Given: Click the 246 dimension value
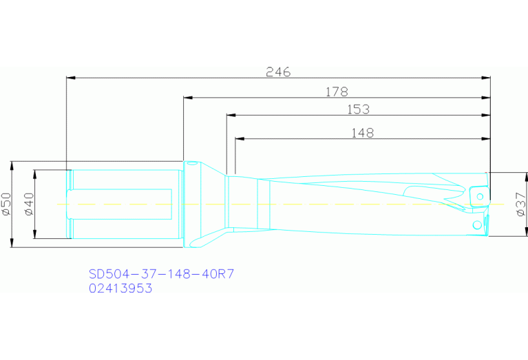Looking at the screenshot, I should pos(279,72).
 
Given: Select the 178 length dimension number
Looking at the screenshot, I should pos(337,91).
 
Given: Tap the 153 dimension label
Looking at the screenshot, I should pos(358,109).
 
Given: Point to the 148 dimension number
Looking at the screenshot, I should pos(361,132).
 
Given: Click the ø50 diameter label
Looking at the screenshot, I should pos(6,204).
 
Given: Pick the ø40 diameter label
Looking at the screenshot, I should pos(28,204).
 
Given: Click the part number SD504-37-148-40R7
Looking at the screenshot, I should pos(162,273).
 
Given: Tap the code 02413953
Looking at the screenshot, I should pos(120,288).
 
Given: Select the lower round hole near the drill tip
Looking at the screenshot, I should pos(476,224).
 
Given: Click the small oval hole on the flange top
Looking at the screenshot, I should pos(192,163).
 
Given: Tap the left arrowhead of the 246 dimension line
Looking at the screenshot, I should pos(69,78).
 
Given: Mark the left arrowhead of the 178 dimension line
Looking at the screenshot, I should pos(187,97).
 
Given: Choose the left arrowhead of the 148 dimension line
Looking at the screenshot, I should pos(238,138).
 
